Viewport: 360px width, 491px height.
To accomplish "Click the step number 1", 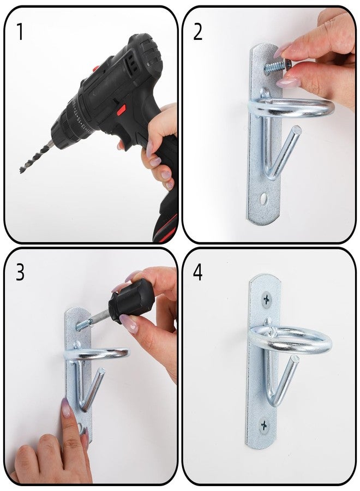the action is [20, 32].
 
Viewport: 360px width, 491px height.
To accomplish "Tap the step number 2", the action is [197, 32].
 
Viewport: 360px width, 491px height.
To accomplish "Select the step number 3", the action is [20, 272].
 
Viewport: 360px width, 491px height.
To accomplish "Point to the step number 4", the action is [198, 272].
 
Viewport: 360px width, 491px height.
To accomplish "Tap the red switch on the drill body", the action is [122, 109].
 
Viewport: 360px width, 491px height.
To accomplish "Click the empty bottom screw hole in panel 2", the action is [263, 197].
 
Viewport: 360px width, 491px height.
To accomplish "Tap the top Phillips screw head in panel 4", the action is [266, 300].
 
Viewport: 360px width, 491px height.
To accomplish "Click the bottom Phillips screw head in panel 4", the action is [264, 425].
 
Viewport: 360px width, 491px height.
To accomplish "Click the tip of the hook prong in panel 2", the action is [297, 130].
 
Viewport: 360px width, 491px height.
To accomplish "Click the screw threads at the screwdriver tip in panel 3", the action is [83, 325].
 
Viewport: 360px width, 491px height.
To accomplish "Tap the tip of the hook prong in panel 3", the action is [101, 372].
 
